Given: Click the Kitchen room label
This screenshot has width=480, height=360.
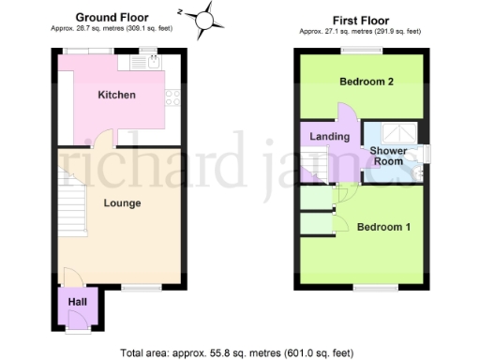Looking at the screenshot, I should coord(118,95).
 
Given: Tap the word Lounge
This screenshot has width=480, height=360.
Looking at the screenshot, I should coord(122,202).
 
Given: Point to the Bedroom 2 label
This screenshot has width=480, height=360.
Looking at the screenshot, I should coord(366,82).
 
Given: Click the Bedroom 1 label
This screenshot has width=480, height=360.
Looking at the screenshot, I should coord(382,227).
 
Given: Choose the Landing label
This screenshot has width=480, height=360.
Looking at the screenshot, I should coord(329,137).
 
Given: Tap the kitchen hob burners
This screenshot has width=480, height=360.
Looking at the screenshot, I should coord(172,96).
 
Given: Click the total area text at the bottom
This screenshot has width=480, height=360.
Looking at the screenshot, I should coord(237,352).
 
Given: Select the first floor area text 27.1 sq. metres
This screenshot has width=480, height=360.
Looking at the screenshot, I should coord(360,30).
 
